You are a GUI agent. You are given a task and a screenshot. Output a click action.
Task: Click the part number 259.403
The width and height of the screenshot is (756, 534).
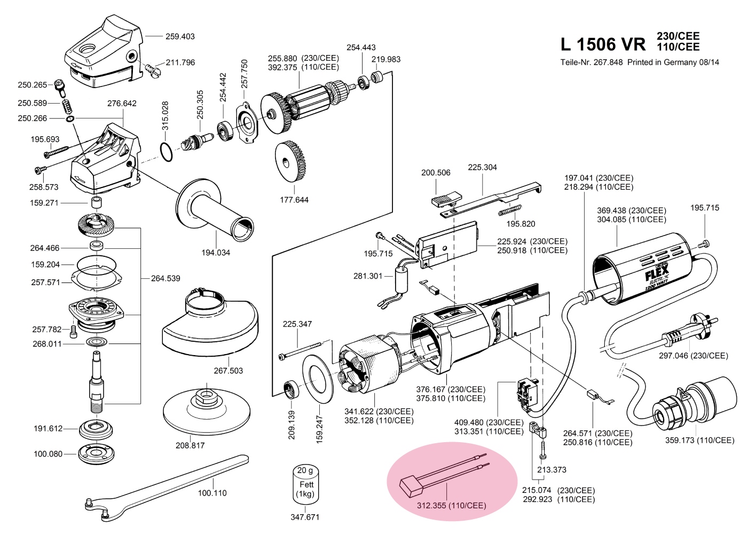[180, 36]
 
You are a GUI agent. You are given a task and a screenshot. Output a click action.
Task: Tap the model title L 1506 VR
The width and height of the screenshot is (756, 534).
[603, 44]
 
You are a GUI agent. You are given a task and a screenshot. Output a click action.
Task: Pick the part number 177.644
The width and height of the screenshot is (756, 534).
[294, 200]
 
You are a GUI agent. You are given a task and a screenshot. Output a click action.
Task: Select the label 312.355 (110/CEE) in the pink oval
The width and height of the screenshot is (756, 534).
[451, 505]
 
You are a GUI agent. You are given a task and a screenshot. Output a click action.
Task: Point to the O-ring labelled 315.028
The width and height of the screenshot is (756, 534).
[167, 152]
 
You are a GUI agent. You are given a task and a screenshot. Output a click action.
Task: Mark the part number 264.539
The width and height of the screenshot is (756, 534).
[166, 278]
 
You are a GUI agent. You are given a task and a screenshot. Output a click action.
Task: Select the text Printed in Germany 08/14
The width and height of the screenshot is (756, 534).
[673, 62]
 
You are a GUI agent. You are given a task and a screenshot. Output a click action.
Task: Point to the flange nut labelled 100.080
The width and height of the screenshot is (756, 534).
[97, 454]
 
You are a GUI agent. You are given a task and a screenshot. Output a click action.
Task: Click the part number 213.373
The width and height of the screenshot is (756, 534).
[552, 469]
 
